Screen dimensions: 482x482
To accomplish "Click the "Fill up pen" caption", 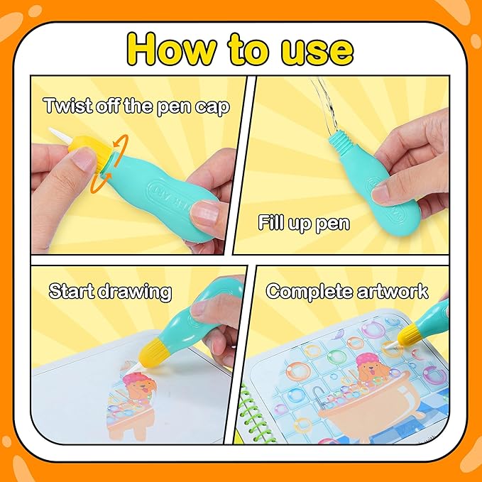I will (303, 224).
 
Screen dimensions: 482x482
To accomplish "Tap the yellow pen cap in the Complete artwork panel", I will (412, 333).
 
